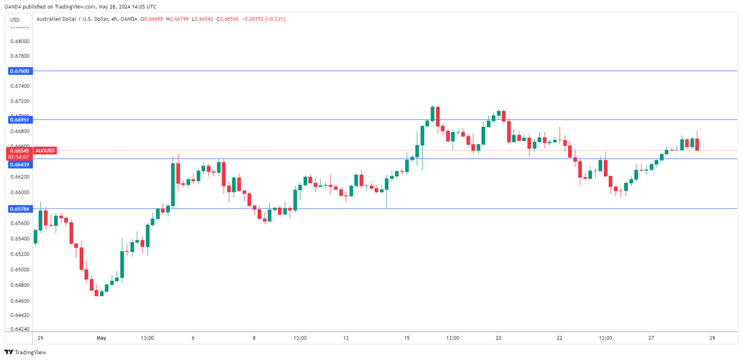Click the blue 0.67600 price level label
(x=20, y=71)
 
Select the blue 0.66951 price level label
(x=20, y=120)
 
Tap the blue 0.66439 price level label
(x=20, y=164)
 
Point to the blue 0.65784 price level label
(x=20, y=209)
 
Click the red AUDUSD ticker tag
(x=45, y=151)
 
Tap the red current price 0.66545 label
(x=19, y=151)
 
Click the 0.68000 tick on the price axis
(x=20, y=41)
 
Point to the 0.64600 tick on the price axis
(x=20, y=301)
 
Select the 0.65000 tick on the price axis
(x=20, y=270)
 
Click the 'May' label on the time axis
(x=102, y=338)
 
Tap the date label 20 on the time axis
(x=499, y=338)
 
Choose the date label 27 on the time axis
(x=651, y=338)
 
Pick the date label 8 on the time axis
(x=254, y=338)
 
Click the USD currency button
(x=15, y=20)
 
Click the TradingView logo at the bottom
(x=25, y=353)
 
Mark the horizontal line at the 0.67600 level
(x=371, y=71)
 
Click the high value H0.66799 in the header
(x=179, y=19)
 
